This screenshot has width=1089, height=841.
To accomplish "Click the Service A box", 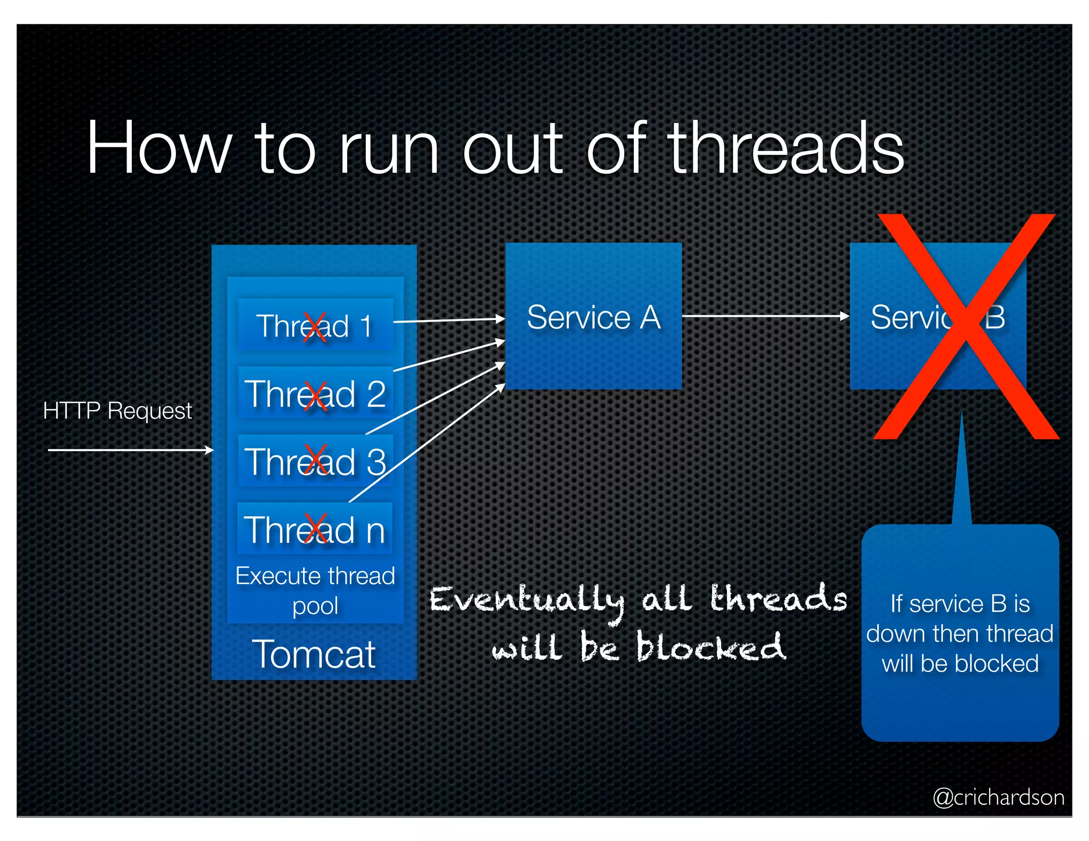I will coord(593,317).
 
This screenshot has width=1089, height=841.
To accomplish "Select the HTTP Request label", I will coord(117,410).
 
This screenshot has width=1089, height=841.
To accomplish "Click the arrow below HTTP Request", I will coord(130,450).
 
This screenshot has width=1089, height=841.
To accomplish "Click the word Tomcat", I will coord(314,654).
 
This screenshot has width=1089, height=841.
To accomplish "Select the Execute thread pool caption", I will coord(315,590).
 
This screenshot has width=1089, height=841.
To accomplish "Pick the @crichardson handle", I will coord(999,797).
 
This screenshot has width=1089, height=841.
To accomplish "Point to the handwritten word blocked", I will coord(710,647).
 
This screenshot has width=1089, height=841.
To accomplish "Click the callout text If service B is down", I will coord(960,633).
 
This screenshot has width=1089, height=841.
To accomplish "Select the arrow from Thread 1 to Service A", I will coord(448,320).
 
